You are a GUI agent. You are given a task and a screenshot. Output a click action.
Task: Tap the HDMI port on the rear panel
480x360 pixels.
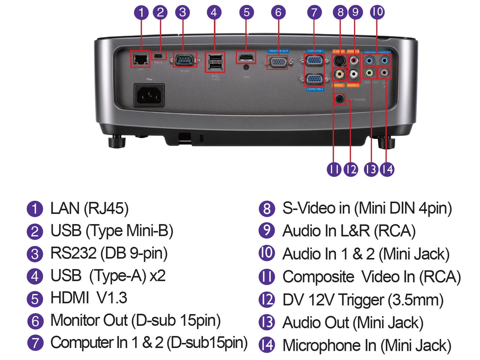tap(246, 57)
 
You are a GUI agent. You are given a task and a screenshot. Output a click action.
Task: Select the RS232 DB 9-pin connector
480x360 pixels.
tap(184, 60)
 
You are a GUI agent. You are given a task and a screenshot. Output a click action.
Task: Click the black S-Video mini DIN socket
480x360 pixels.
tap(339, 61)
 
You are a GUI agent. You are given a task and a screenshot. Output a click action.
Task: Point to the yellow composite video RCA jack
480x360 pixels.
tap(339, 74)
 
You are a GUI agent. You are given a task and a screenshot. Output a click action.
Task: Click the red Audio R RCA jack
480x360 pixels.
tap(354, 61)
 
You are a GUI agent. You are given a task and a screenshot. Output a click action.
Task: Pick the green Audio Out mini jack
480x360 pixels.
tap(369, 73)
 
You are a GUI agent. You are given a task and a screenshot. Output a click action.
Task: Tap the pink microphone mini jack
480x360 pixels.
tap(384, 73)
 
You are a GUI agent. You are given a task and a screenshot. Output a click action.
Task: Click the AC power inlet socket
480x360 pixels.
tap(149, 95)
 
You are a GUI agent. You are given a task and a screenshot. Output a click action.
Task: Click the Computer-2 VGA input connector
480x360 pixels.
tap(314, 79)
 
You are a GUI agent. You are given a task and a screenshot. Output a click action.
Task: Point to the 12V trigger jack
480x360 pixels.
tap(339, 99)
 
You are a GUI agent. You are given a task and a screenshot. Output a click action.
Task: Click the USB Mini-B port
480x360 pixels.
tap(159, 56)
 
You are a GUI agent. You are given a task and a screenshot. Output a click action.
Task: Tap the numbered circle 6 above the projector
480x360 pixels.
tap(278, 13)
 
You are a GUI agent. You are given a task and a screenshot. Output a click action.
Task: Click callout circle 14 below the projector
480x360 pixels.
tap(387, 169)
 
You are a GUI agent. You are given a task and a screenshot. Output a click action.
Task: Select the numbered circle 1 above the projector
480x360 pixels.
tap(141, 13)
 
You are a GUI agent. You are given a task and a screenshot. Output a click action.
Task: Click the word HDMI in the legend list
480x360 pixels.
tap(70, 298)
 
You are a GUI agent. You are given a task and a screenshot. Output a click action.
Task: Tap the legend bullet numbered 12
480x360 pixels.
tap(267, 300)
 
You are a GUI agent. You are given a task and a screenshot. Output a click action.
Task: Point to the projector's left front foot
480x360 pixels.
tap(116, 142)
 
